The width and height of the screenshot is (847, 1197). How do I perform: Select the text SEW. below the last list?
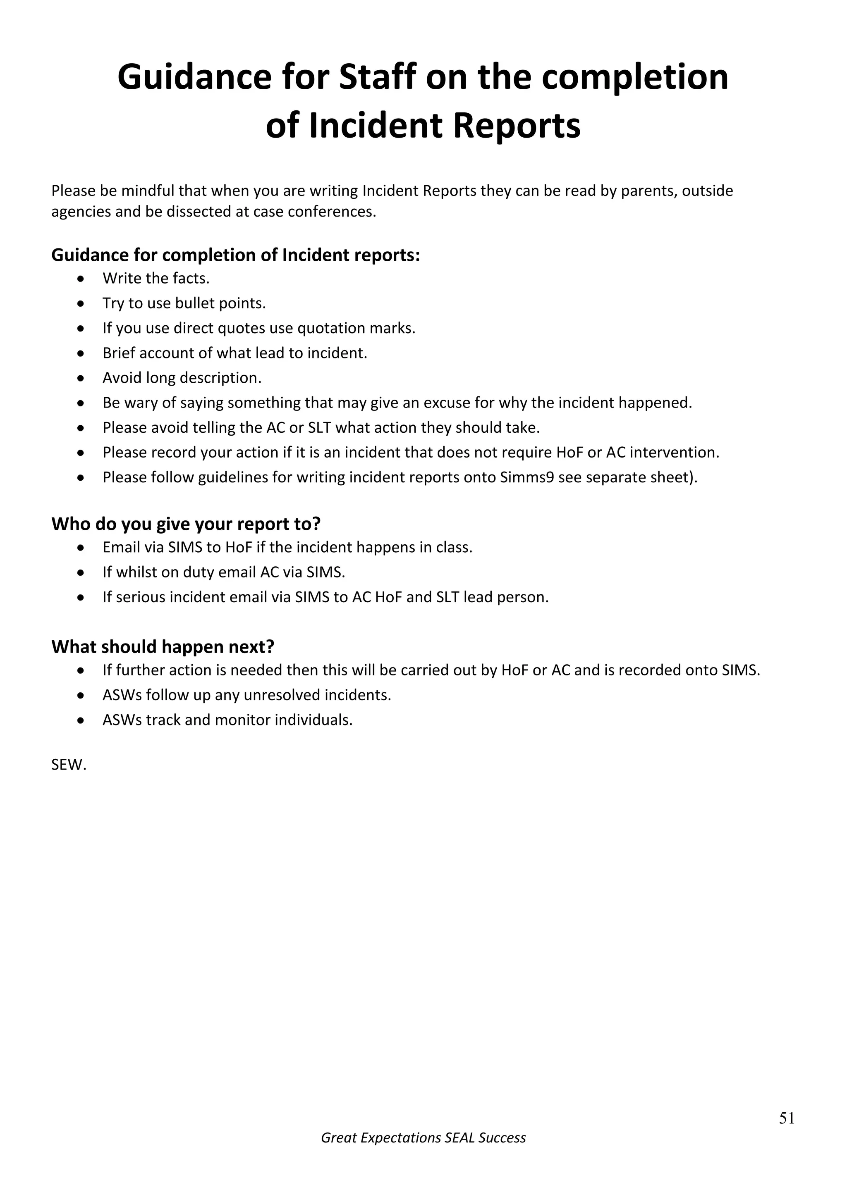point(68,765)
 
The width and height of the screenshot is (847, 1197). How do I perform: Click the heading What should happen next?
point(163,646)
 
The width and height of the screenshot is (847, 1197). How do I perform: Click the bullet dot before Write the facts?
point(80,279)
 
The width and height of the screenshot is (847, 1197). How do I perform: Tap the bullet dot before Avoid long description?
point(80,378)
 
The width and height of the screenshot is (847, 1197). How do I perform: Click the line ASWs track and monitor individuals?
point(227,720)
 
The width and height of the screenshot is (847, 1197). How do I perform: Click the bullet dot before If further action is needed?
point(80,671)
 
